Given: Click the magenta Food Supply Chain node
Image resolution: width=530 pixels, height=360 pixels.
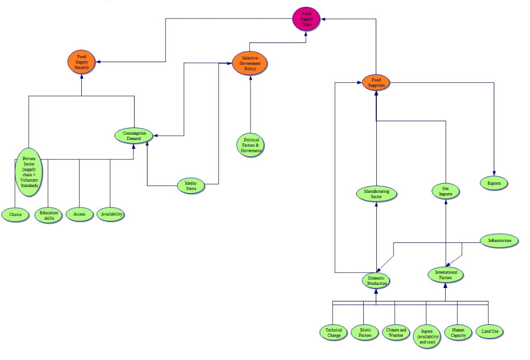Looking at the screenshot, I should click(x=307, y=19).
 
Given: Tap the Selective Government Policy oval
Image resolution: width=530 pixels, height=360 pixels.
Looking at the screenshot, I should click(x=250, y=63).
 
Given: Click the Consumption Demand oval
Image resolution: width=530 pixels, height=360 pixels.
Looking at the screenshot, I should click(x=134, y=136).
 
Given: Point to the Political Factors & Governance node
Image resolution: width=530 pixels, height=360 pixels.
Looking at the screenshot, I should click(x=250, y=146).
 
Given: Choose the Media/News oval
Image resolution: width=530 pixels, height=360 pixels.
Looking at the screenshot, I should click(x=190, y=185).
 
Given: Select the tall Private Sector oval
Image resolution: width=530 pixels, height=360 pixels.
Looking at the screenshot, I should click(x=28, y=171).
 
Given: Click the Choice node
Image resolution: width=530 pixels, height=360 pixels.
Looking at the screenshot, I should click(x=15, y=214).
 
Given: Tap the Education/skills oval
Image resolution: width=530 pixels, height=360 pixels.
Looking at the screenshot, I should click(x=49, y=214).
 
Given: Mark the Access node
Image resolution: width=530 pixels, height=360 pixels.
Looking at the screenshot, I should click(x=79, y=214).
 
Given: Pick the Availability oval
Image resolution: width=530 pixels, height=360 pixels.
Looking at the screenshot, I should click(x=111, y=214).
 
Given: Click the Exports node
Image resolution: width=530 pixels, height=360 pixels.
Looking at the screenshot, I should click(x=494, y=182).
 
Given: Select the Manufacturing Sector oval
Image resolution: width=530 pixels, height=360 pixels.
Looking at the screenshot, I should click(x=376, y=194).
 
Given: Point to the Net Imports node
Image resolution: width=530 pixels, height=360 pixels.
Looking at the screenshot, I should click(x=446, y=191).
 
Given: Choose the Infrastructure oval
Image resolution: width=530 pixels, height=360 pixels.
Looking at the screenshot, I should click(x=499, y=241).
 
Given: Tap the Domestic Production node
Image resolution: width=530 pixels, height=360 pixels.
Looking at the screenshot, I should click(x=375, y=281).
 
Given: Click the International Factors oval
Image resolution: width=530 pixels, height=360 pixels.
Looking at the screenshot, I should click(x=446, y=275).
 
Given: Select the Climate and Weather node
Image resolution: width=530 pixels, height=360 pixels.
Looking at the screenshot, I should click(x=396, y=333).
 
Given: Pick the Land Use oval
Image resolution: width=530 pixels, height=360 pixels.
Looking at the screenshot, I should click(x=489, y=332).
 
